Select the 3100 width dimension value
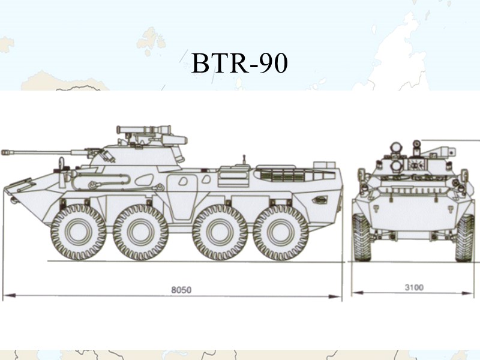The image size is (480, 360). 413,287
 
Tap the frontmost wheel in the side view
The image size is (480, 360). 78,232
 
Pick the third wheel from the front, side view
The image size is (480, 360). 220,232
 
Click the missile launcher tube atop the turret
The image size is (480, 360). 144,128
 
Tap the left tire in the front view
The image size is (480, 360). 362,238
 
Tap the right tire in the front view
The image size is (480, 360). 464,238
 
